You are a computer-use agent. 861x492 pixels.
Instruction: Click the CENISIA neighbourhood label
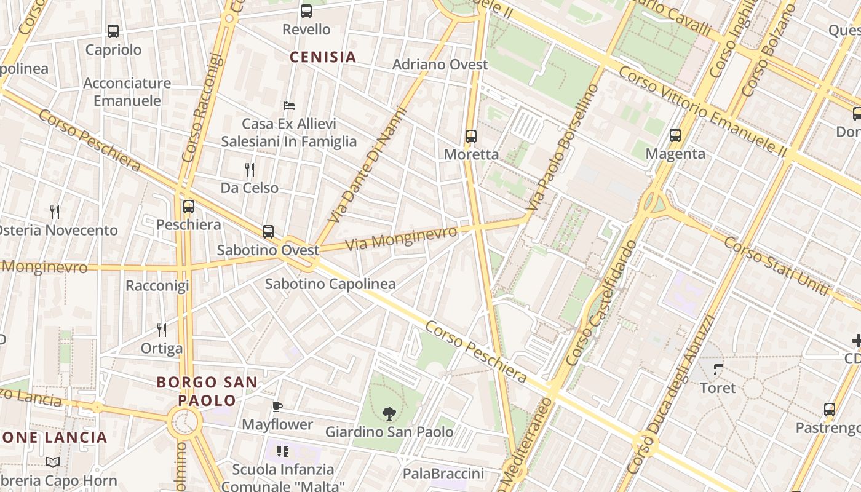323,57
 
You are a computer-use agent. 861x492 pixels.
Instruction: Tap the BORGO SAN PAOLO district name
207,391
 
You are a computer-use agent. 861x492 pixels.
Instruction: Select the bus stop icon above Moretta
471,137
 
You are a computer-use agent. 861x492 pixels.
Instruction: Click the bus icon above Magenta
675,135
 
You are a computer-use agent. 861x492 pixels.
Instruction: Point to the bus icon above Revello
306,10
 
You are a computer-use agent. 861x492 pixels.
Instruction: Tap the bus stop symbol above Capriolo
113,31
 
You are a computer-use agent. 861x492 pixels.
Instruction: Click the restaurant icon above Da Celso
250,169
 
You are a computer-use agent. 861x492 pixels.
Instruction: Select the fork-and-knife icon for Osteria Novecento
55,212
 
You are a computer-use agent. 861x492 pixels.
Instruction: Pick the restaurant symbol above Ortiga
162,330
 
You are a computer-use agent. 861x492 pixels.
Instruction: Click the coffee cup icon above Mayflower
277,407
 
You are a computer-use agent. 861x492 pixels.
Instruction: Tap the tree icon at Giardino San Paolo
389,413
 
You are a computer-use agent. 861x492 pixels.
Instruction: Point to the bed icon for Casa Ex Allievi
289,106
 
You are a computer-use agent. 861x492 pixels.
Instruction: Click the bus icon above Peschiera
189,207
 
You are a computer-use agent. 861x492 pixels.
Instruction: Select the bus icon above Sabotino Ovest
268,232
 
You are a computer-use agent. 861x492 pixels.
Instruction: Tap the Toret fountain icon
718,370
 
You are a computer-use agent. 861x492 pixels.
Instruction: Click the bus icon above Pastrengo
830,409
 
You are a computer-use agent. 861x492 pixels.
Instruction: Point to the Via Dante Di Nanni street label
368,165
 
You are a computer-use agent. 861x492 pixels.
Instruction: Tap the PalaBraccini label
443,474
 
